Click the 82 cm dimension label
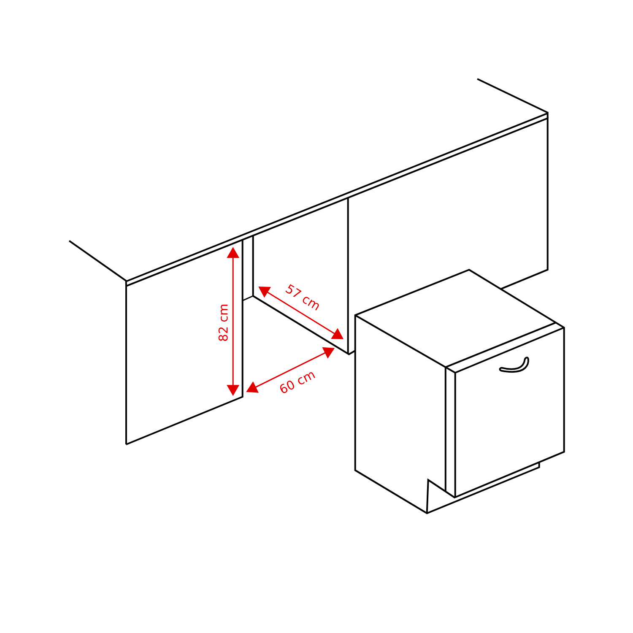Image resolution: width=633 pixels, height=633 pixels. point(223,323)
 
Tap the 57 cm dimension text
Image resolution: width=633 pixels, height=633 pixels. point(302,298)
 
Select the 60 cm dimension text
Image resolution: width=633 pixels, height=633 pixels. point(298,382)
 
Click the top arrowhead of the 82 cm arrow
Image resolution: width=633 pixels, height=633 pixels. point(233,252)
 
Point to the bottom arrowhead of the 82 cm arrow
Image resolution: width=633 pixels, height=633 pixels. point(233,391)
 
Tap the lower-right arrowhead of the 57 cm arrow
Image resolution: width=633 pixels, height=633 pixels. point(338,335)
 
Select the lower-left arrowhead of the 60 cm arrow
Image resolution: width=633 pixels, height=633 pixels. point(252,388)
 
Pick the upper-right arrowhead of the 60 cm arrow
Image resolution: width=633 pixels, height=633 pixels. point(329,352)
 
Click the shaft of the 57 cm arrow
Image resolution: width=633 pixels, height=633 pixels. point(301,313)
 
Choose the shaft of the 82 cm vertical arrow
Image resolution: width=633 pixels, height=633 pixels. point(233,322)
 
